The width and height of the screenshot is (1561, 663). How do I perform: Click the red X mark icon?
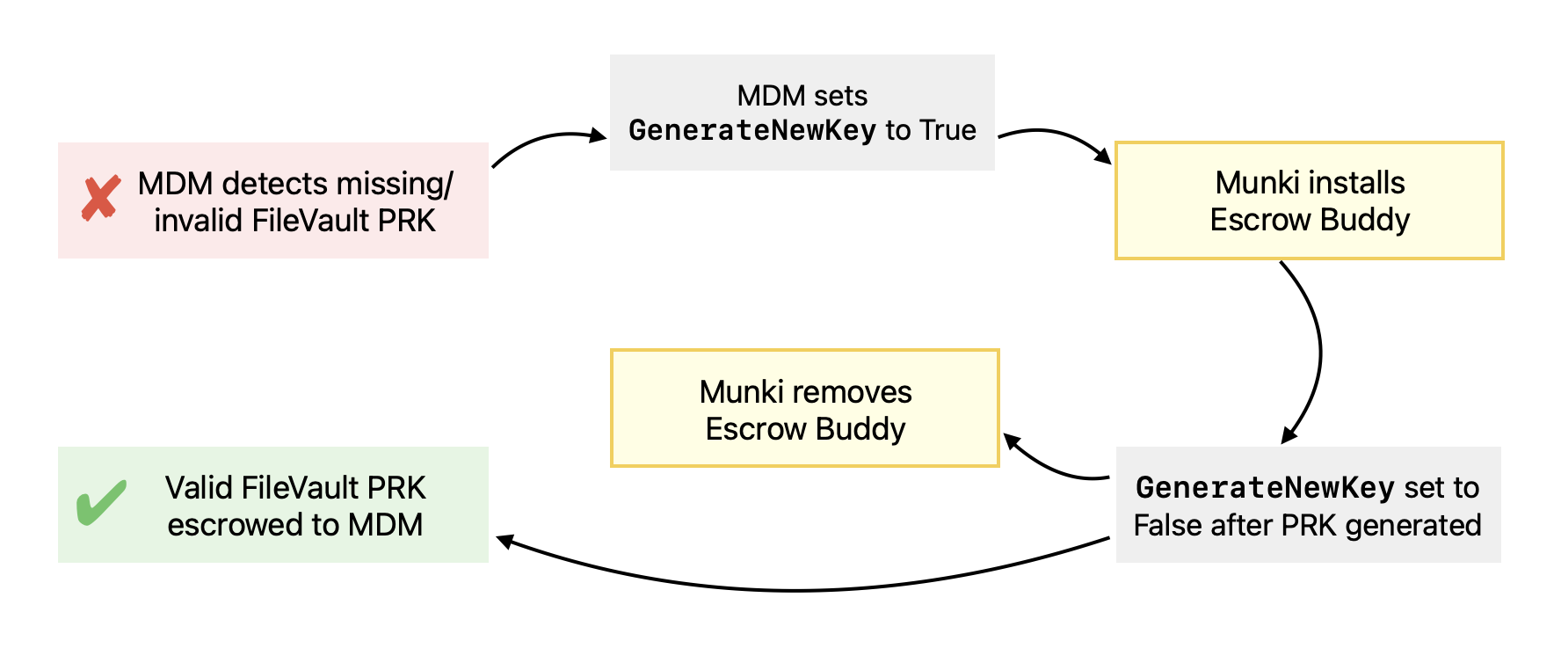101,198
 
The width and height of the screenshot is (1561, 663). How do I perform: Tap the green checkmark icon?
101,502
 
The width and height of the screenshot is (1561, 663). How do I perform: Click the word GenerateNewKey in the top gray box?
752,130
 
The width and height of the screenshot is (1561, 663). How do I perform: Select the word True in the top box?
947,130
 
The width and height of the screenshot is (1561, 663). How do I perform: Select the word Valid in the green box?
200,487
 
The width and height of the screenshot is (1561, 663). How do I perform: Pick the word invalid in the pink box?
200,221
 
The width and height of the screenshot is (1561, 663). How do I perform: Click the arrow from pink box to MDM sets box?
545,141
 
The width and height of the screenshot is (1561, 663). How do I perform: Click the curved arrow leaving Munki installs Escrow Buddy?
1318,352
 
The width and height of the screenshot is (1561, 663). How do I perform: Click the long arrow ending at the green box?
791,589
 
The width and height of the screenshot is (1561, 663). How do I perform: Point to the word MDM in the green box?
385,525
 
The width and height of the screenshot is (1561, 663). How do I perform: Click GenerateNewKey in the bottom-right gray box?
1265,487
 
